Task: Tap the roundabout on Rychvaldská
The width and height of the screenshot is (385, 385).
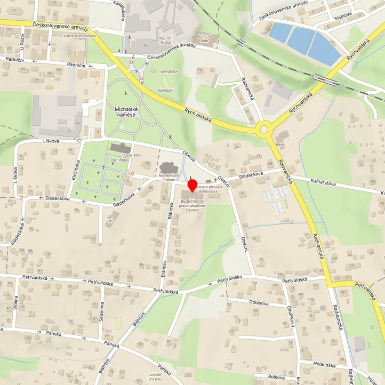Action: [263, 129]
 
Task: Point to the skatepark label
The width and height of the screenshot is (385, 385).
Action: [165, 91]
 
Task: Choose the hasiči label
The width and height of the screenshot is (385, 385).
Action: [281, 145]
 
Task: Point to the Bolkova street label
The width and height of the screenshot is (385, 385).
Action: [276, 377]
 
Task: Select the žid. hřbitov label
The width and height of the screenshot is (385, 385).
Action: [121, 161]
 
